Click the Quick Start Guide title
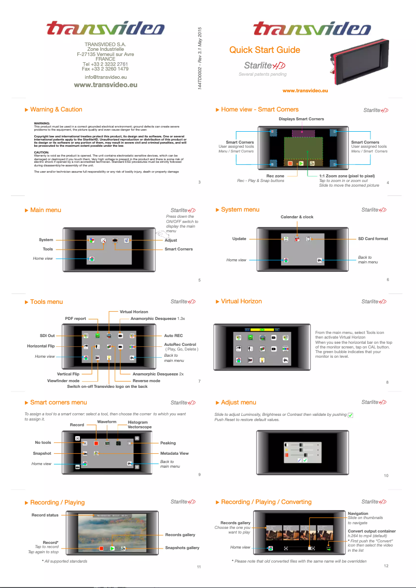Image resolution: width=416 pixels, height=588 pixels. click(x=265, y=50)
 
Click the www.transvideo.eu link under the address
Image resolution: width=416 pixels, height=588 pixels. click(x=106, y=85)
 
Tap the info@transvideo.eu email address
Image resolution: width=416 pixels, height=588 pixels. click(x=106, y=77)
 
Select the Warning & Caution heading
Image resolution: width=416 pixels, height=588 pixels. click(x=56, y=109)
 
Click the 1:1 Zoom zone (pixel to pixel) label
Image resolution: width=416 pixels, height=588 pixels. click(x=346, y=176)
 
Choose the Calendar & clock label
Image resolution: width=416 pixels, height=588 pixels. click(x=297, y=217)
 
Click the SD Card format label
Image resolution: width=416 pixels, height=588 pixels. click(x=373, y=239)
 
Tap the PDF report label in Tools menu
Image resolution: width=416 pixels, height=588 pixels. click(x=75, y=318)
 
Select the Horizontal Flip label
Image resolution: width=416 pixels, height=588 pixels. click(x=41, y=346)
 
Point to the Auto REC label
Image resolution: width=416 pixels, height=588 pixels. click(x=173, y=335)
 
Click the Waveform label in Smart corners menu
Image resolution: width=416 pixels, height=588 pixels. click(x=107, y=422)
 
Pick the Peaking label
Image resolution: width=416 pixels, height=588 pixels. click(x=168, y=443)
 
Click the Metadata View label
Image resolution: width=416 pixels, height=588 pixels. click(x=174, y=453)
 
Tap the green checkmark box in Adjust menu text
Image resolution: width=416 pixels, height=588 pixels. click(x=351, y=415)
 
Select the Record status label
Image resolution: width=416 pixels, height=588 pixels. click(x=45, y=515)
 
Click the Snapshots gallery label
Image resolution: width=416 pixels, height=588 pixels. click(x=182, y=548)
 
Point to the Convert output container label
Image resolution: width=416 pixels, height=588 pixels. click(x=371, y=531)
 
